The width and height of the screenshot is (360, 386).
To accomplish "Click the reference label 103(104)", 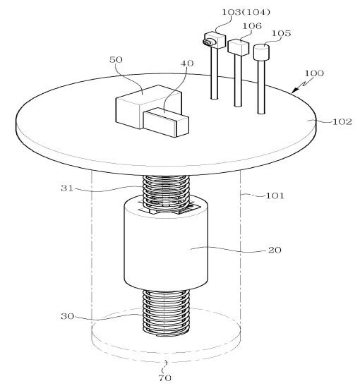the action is coord(246,12).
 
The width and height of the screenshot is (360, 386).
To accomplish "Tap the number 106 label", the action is coord(252,26).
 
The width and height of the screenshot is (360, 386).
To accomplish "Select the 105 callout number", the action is coord(281,33).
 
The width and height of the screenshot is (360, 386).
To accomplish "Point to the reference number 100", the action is coord(314,73).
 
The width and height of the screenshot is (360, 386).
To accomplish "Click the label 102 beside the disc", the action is coord(342,122).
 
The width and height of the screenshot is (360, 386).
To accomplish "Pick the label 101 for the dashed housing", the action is coord(275,195).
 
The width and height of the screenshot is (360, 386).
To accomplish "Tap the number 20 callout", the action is coord(275,250).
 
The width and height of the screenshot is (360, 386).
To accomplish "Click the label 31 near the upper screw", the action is coord(67,188).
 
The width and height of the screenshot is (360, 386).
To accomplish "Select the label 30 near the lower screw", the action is coord(67,316).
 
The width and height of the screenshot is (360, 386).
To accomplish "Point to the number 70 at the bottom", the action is coord(164,378).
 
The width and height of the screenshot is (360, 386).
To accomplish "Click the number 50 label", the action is coord(116,60).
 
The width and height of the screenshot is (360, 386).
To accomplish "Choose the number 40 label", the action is coord(187,64).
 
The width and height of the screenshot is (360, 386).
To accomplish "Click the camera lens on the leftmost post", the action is coord(208,42).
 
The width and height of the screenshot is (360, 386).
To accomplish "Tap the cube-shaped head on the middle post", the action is coord(238,47).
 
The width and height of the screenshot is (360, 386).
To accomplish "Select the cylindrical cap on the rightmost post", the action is coord(261,52).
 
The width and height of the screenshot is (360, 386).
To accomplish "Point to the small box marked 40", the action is coord(166,122).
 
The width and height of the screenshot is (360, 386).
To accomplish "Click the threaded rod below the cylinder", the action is coord(166,313).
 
